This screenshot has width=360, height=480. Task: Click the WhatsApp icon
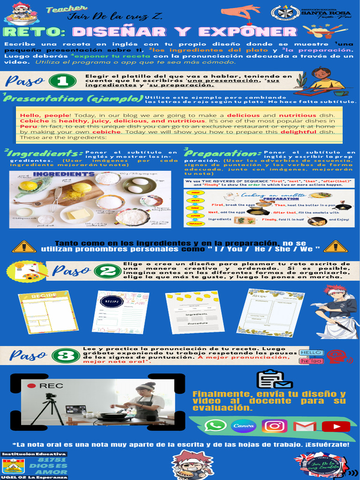(x=215, y=426)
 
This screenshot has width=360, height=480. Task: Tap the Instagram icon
(x=274, y=426)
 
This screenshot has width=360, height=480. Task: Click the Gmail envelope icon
(x=304, y=426)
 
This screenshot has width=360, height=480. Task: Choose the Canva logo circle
(x=244, y=426)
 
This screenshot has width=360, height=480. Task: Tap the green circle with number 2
(x=107, y=271)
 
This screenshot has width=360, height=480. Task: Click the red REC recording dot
(x=31, y=386)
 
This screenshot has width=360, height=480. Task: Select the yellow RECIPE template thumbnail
(x=48, y=312)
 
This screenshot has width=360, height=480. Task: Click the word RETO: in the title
(x=34, y=32)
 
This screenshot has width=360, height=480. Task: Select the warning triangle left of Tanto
(x=24, y=246)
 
